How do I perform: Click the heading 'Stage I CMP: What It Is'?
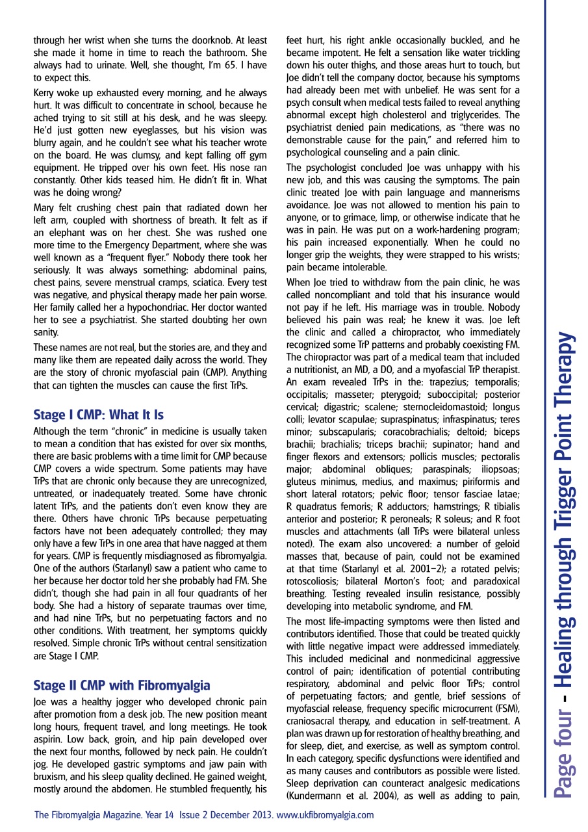coord(98,415)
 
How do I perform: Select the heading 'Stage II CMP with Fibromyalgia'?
coord(121,685)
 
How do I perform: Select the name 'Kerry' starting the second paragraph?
coord(45,93)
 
